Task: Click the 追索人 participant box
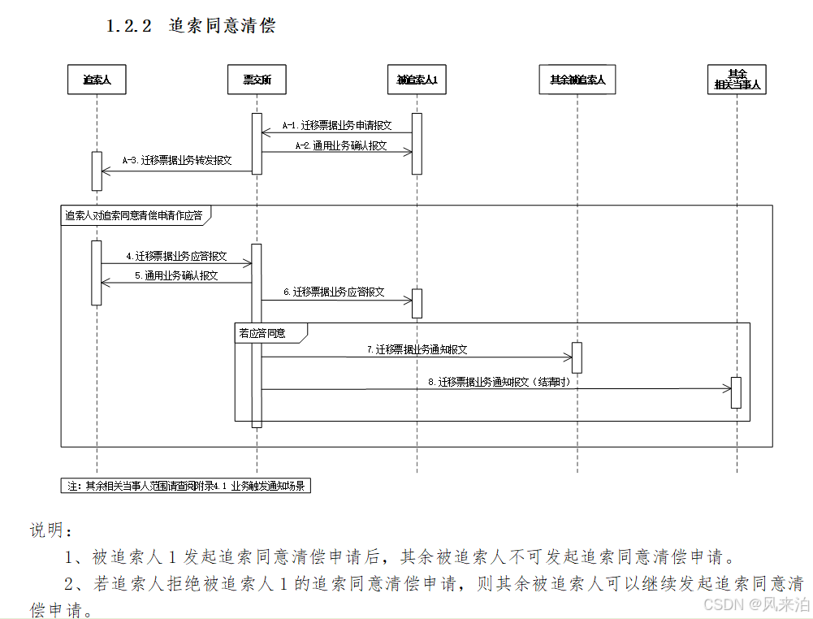97,80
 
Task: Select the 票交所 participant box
257,80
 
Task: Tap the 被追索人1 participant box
417,80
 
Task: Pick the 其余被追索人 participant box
577,80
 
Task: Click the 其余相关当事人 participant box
737,79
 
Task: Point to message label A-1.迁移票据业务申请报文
337,126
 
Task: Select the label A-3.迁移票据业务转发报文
177,161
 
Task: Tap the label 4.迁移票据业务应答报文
176,256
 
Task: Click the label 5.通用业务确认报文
176,275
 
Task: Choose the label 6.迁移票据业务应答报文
334,292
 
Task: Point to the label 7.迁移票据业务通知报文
417,349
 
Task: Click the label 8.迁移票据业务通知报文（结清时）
498,382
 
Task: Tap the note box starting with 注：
186,486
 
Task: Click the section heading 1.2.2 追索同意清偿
191,26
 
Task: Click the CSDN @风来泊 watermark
755,604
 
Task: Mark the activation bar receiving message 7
577,357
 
